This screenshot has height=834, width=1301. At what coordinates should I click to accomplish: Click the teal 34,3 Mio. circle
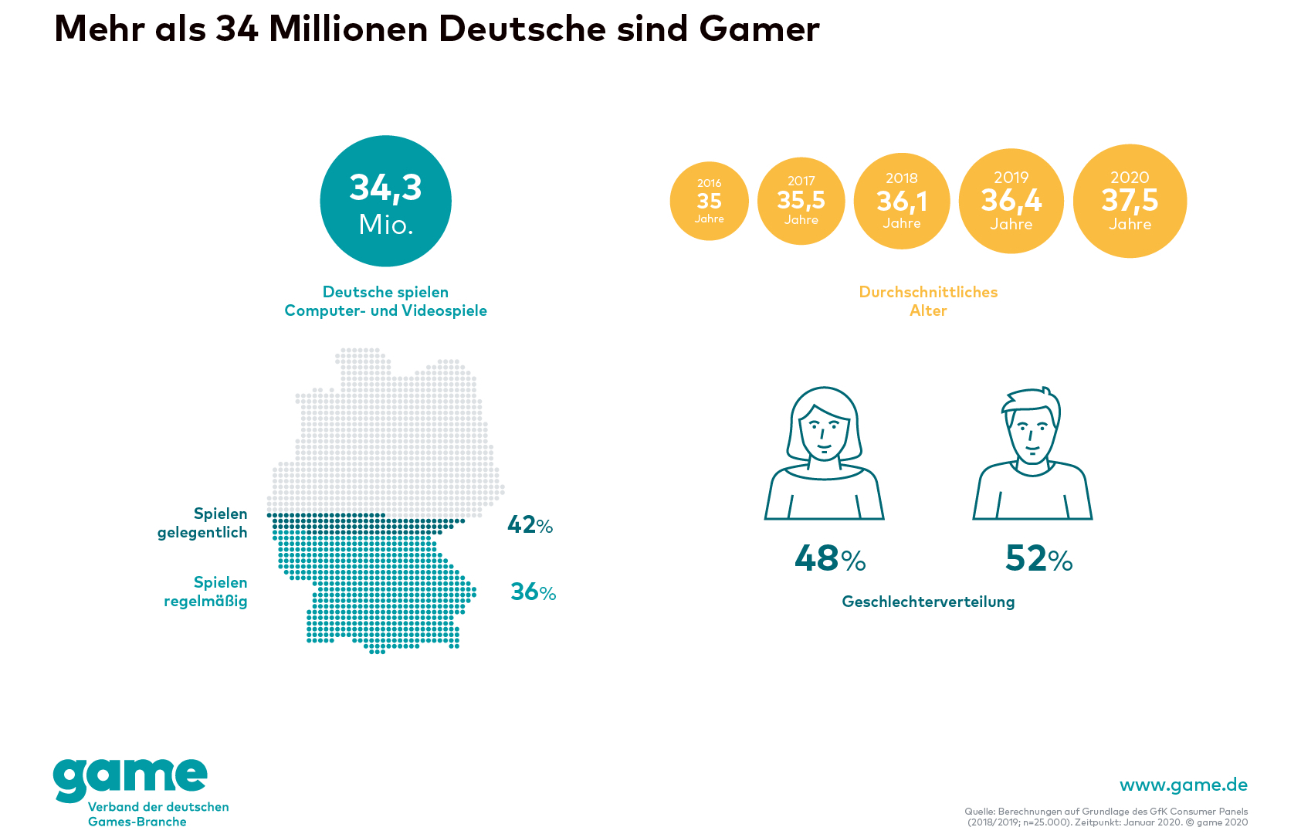(385, 201)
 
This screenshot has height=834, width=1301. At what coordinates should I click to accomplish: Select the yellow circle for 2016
(709, 201)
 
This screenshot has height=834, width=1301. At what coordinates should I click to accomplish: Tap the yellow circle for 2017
(801, 201)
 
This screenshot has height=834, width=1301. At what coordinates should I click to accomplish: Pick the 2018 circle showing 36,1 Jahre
(901, 201)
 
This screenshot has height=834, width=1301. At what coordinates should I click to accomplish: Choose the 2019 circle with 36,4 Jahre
(1011, 201)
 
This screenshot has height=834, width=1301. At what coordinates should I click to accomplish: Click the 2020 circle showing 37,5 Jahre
(1130, 201)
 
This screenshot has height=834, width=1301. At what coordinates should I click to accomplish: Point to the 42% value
(530, 525)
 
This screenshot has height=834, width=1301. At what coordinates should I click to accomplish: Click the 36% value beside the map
(533, 592)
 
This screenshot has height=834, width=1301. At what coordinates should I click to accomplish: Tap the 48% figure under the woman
(830, 558)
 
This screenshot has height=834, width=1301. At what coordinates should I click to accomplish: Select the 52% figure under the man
(1038, 558)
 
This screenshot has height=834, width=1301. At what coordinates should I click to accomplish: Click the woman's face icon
(824, 432)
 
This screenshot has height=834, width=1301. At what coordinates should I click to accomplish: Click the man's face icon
(1032, 432)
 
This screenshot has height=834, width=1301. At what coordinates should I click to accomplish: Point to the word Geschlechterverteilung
(928, 602)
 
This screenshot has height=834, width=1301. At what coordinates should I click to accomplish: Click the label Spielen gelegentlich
(203, 523)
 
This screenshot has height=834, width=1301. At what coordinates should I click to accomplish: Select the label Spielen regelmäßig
(206, 592)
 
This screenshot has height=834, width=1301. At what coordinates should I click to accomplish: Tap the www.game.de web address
(1183, 785)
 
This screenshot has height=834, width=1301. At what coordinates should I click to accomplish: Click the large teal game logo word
(130, 778)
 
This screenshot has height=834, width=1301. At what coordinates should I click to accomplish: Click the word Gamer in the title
(759, 29)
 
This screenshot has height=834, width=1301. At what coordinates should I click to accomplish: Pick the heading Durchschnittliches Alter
(928, 301)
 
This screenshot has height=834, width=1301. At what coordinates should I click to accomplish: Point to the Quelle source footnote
(1106, 816)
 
